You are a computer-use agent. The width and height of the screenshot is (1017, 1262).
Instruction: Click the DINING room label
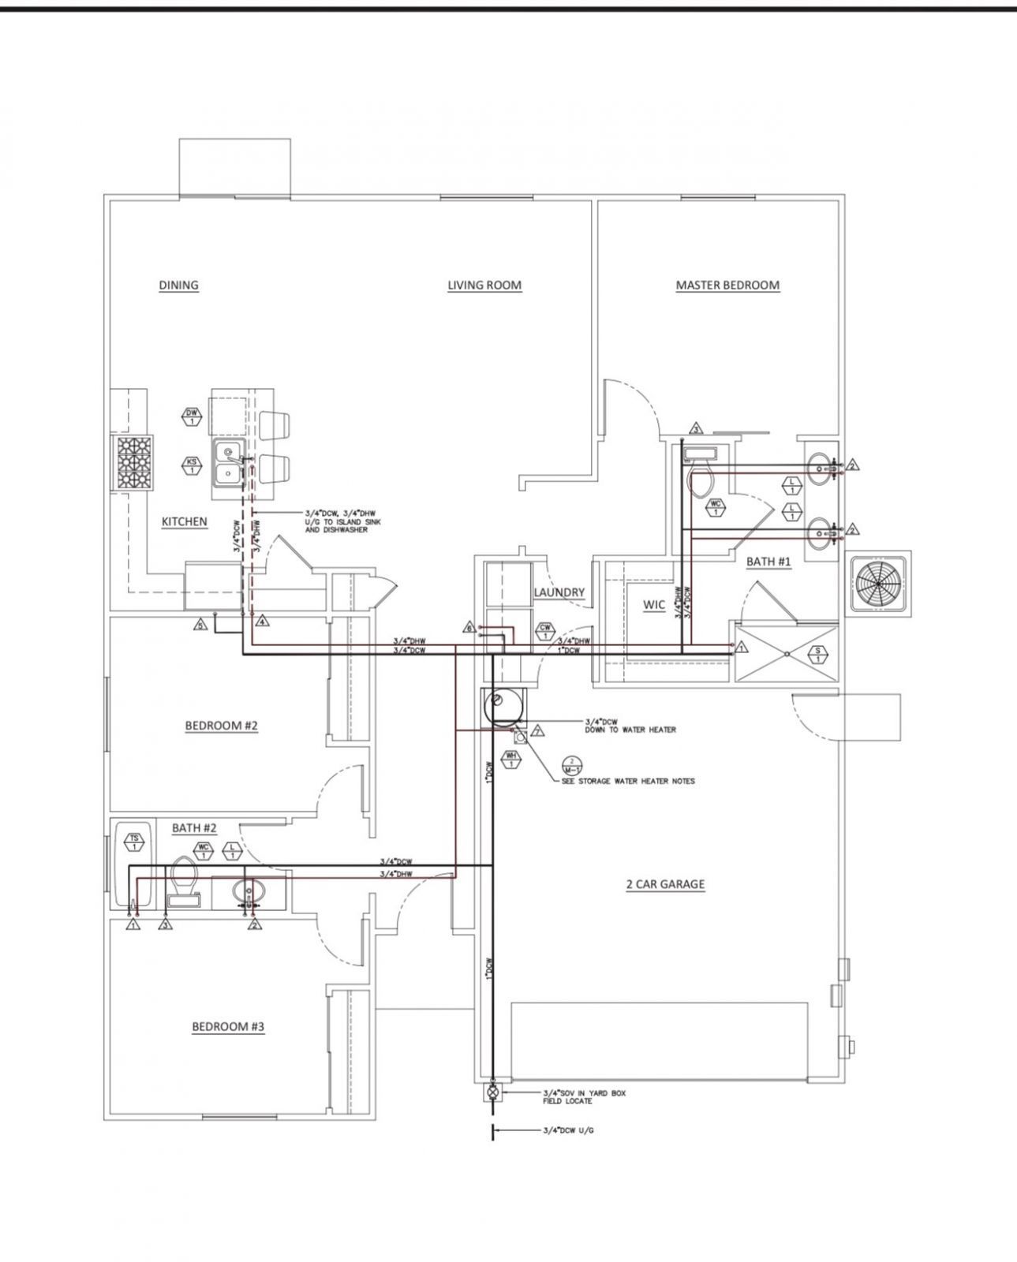click(x=178, y=285)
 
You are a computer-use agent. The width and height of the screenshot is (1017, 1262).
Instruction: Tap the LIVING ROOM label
click(x=484, y=285)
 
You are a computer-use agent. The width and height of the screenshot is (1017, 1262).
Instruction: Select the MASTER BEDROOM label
click(x=727, y=285)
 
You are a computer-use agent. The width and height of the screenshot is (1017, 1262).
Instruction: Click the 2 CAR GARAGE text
click(x=665, y=884)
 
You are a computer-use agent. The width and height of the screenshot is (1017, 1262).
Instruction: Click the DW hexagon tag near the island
click(x=192, y=416)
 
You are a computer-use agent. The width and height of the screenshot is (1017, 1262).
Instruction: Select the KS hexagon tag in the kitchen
click(x=192, y=465)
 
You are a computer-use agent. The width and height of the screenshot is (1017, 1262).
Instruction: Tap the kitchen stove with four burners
click(x=134, y=465)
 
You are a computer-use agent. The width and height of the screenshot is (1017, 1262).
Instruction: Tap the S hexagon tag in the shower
click(x=818, y=654)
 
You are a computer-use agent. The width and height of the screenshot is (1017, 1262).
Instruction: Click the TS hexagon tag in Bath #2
click(x=135, y=842)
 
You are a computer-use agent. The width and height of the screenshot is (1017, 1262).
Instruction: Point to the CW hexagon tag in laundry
click(x=544, y=632)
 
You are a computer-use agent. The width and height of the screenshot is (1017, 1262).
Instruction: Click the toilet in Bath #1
click(x=700, y=479)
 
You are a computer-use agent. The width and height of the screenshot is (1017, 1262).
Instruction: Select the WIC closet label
click(x=654, y=605)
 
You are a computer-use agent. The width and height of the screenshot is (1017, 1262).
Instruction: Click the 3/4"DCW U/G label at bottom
click(x=568, y=1129)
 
